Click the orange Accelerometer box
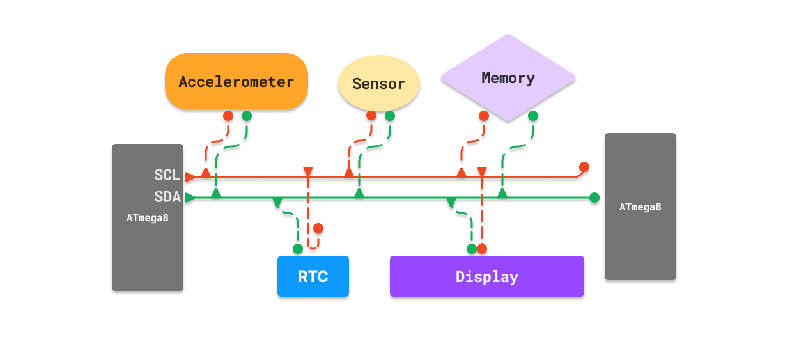point(237,81)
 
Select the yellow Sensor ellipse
point(379,84)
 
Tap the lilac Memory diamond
point(508,78)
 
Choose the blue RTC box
point(313,276)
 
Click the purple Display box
point(487,276)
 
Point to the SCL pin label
point(167,175)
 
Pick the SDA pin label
point(167,196)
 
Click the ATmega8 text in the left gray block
point(148,217)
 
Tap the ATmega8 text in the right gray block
point(640,207)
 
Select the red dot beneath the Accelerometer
point(228,116)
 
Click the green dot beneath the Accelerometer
point(247,116)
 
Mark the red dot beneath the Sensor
point(371,116)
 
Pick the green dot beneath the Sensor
point(390,116)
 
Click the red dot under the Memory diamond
point(484,116)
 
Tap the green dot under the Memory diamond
point(533,116)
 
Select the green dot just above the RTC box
point(298,249)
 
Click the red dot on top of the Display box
point(482,249)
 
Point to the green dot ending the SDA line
point(594,198)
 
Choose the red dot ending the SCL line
point(584,167)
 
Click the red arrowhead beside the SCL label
point(190,177)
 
